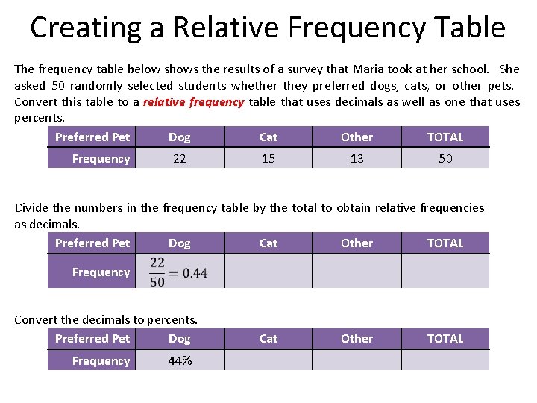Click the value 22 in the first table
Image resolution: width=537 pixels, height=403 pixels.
pos(180,158)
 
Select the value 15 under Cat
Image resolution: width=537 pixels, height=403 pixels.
pos(268,158)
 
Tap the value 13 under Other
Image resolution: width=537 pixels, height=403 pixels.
pos(357,158)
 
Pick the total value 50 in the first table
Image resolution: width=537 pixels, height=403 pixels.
pos(445,158)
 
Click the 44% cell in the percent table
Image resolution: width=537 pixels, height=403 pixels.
pos(180,360)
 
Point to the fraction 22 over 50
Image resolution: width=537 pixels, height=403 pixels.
pos(157,272)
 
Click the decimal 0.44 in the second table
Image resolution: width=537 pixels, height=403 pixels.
pos(195,273)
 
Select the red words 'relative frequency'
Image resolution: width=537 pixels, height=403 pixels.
pos(194,102)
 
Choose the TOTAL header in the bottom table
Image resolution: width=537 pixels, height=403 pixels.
pos(445,338)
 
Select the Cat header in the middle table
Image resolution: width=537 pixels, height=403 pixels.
pos(268,243)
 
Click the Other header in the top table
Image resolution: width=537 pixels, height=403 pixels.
pos(357,137)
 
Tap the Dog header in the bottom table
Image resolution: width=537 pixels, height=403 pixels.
pos(180,338)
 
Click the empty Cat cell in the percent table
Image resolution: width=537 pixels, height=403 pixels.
pos(268,360)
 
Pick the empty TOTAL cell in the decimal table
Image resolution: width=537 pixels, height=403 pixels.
pos(445,272)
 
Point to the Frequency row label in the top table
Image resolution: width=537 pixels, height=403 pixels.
pos(101,158)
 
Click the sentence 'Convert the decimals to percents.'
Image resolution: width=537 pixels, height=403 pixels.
pos(106,319)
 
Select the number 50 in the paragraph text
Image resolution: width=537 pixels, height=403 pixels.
pos(58,85)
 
